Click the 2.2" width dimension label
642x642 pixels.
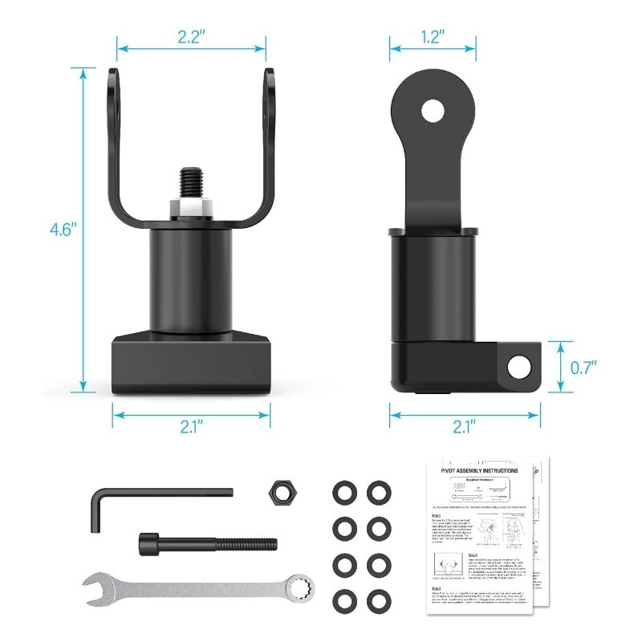[x=190, y=37]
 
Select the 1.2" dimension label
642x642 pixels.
[x=432, y=37]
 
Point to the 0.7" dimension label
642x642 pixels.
[x=583, y=368]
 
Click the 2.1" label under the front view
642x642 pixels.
[x=190, y=426]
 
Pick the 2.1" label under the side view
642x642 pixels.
[x=465, y=426]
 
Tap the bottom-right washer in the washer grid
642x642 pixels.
[x=376, y=600]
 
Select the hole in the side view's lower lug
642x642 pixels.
[x=521, y=364]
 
